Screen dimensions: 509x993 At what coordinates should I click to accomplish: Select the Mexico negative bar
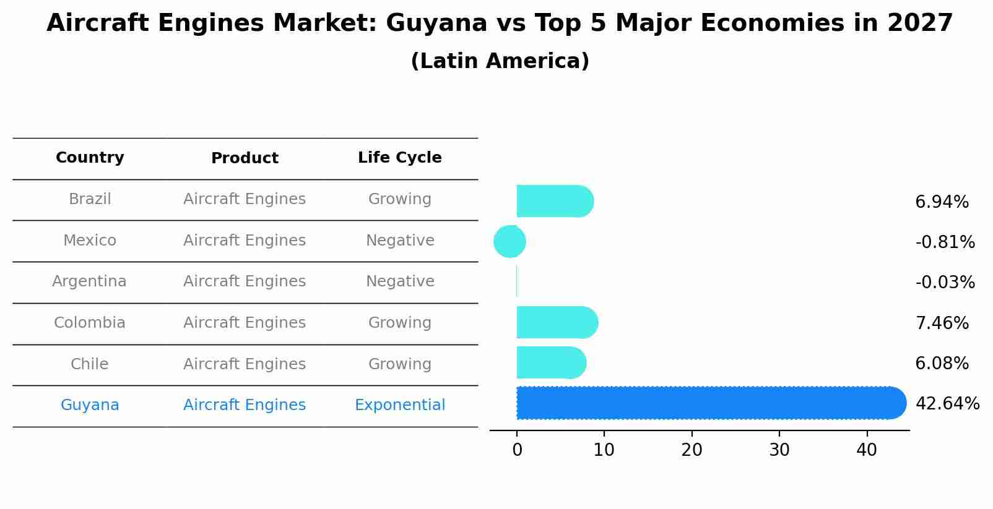coord(510,241)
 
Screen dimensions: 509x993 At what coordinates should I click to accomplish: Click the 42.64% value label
coord(947,404)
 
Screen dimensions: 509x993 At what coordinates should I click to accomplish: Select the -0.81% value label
coord(945,242)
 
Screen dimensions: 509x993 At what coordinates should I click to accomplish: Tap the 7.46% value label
coord(942,323)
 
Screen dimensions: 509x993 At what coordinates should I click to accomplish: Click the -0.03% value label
coord(945,283)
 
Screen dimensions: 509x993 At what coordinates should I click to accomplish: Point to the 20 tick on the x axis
coord(692,450)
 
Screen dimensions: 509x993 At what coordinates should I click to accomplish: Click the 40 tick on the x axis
coord(867,450)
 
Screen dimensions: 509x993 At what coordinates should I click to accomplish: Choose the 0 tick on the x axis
coord(517,450)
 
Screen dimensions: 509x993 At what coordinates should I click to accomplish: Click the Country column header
coord(90,158)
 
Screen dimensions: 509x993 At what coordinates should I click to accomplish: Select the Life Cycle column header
coord(400,158)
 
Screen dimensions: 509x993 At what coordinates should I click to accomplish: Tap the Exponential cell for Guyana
coord(400,405)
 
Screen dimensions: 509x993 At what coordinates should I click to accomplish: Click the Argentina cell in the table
coord(89,281)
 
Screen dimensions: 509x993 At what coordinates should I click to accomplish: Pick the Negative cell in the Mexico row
coord(400,241)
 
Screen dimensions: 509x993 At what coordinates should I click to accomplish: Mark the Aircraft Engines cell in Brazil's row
coord(245,199)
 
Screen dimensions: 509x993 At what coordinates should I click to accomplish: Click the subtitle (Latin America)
coord(500,61)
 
